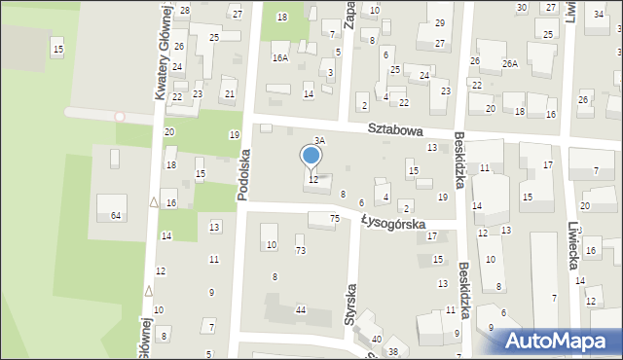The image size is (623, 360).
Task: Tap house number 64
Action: coord(116,214)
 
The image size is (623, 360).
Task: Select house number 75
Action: coord(334,219)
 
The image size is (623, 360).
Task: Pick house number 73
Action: coord(301,251)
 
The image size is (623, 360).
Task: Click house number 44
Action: coord(301,309)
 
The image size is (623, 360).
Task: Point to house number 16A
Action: coord(280,58)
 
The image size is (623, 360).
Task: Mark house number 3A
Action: coord(318,141)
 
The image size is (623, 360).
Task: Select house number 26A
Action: coord(509,63)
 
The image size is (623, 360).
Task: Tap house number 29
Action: coord(439,22)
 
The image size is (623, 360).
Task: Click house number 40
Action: coord(377,339)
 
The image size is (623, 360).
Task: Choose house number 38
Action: coord(393,351)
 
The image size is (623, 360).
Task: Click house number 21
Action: coord(230,93)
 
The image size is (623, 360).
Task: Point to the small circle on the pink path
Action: coord(120,117)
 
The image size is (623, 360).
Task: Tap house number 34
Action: coord(598,16)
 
